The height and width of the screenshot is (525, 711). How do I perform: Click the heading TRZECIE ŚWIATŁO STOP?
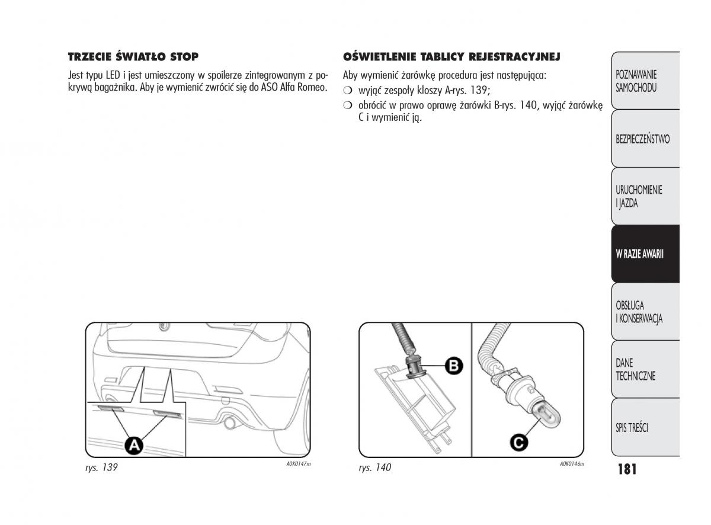[x=133, y=57]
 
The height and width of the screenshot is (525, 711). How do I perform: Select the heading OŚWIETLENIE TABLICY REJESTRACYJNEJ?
[x=451, y=57]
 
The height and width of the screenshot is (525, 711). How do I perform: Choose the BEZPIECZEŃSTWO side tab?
[x=642, y=139]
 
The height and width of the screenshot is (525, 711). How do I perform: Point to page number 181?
[x=626, y=469]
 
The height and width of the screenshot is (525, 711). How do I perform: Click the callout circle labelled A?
[x=135, y=444]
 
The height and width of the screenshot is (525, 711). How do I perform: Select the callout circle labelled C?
[x=518, y=441]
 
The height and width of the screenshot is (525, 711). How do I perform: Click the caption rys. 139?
[x=101, y=468]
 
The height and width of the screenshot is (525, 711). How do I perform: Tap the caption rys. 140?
[x=375, y=468]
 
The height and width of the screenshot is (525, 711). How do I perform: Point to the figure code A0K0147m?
[x=299, y=464]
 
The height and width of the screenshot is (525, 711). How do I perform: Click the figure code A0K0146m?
[x=572, y=464]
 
